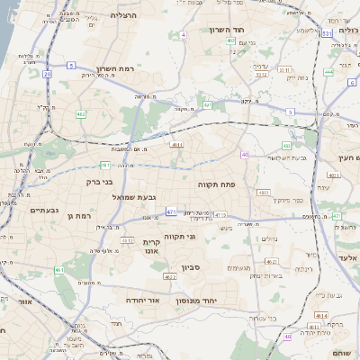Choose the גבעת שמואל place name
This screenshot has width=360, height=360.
135,196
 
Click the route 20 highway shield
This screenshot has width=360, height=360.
47,75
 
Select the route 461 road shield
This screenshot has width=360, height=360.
59,270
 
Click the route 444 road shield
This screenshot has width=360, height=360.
328,71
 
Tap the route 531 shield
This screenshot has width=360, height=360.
328,33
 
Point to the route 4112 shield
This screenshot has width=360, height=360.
127,240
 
